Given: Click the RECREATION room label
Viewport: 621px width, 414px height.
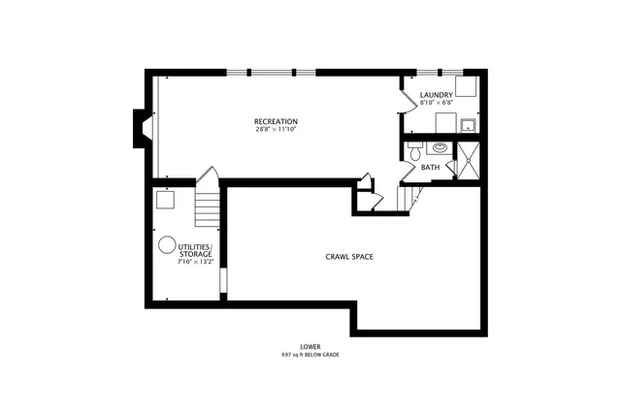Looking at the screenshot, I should [277, 121].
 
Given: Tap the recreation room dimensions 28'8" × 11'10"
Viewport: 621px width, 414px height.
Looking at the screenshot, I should [277, 129].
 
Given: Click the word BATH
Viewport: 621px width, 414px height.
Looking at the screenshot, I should [430, 168].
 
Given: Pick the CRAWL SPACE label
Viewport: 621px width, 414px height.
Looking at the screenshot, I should [349, 257].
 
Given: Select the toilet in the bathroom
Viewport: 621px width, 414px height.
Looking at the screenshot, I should [413, 151].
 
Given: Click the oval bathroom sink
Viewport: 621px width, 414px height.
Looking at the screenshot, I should [440, 148].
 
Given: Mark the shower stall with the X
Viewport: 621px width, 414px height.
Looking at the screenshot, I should [468, 160].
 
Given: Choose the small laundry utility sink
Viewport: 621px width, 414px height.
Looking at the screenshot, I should [468, 125].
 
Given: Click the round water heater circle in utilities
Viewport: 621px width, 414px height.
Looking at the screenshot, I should [166, 244].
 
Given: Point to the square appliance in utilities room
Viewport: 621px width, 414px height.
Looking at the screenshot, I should [165, 200].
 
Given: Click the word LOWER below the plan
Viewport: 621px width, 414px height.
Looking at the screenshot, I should [310, 346].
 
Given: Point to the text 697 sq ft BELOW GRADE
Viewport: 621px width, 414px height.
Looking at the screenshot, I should [310, 355].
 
